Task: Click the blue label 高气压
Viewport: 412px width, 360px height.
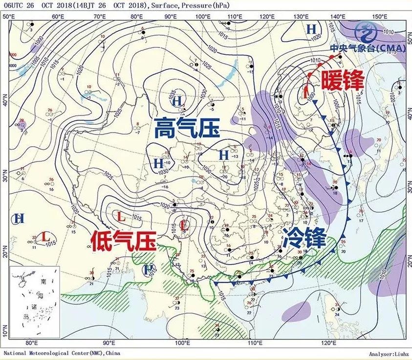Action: point(187,130)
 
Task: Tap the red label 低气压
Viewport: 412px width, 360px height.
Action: point(124,241)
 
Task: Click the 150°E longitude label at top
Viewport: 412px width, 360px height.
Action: point(377,17)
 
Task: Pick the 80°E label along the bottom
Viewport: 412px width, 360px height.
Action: point(32,343)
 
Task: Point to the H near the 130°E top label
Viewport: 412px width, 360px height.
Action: point(311,29)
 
